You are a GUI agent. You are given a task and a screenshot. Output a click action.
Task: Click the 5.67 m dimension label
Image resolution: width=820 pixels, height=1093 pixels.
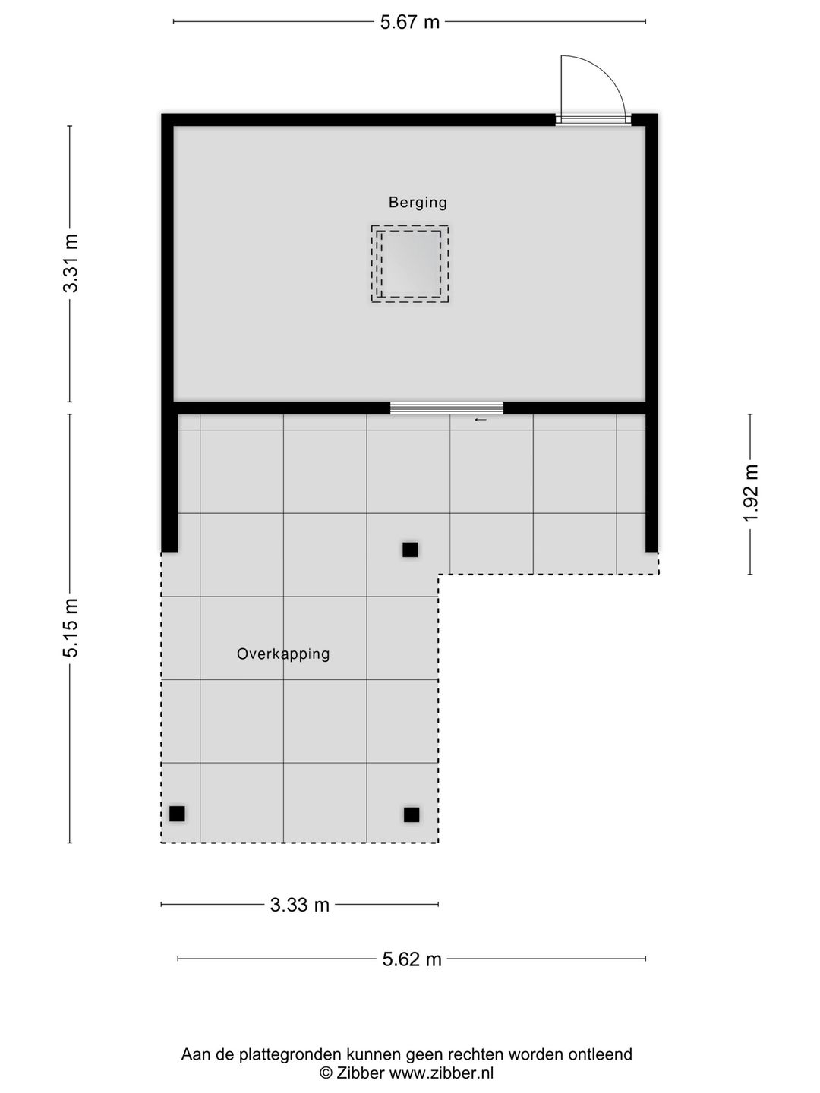pyautogui.click(x=410, y=22)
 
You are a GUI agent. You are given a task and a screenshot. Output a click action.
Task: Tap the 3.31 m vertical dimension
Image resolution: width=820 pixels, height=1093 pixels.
pyautogui.click(x=71, y=263)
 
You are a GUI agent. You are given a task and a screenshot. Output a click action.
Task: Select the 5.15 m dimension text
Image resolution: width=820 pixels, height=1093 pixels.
pyautogui.click(x=71, y=628)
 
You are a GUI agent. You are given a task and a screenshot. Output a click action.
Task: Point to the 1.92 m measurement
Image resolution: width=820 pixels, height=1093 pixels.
pyautogui.click(x=751, y=493)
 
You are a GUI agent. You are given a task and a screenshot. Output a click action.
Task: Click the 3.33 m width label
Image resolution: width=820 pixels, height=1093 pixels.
pyautogui.click(x=300, y=905)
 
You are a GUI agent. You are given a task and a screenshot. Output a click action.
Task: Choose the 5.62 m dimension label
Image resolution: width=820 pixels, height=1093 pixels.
pyautogui.click(x=412, y=959)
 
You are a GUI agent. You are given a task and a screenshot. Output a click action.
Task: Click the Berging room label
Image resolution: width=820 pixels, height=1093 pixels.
pyautogui.click(x=418, y=203)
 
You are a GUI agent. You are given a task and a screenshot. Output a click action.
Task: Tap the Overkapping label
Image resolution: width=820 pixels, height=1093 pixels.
pyautogui.click(x=283, y=654)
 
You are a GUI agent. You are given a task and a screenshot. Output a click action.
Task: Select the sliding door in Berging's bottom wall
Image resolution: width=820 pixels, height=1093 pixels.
pyautogui.click(x=446, y=408)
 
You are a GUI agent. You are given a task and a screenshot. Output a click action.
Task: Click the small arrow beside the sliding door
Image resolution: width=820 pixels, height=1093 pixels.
pyautogui.click(x=480, y=420)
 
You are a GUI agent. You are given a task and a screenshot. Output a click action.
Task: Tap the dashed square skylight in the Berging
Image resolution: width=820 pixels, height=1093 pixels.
pyautogui.click(x=410, y=264)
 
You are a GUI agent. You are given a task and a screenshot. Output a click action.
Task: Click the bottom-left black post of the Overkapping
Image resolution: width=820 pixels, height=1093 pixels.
pyautogui.click(x=177, y=814)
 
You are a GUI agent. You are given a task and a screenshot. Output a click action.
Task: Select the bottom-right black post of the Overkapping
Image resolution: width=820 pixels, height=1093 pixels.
pyautogui.click(x=412, y=814)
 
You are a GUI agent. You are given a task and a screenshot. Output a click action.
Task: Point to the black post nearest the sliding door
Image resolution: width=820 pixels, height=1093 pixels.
pyautogui.click(x=410, y=550)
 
